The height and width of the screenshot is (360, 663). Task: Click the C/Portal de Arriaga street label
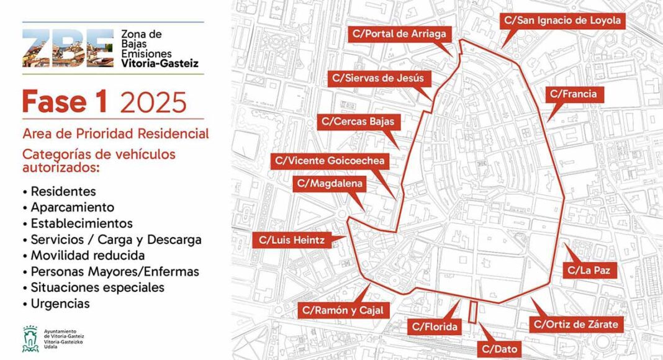tap(400, 34)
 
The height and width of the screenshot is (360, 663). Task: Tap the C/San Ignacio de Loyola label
tap(562, 20)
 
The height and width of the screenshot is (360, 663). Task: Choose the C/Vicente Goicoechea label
tap(331, 161)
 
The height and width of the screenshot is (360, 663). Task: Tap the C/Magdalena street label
tap(329, 183)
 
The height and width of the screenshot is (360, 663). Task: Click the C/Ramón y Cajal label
tap(343, 310)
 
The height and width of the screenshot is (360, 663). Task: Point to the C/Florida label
tap(435, 326)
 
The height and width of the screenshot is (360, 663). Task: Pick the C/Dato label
tap(499, 349)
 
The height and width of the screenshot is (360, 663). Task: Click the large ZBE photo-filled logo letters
tap(68, 48)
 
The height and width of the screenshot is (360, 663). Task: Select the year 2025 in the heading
tap(153, 102)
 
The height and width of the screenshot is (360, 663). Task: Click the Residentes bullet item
tap(63, 191)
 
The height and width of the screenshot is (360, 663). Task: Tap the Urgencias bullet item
tap(60, 304)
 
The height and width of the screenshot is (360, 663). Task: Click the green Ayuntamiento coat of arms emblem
tap(30, 339)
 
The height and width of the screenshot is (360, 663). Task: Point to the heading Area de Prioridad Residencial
tap(115, 133)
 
